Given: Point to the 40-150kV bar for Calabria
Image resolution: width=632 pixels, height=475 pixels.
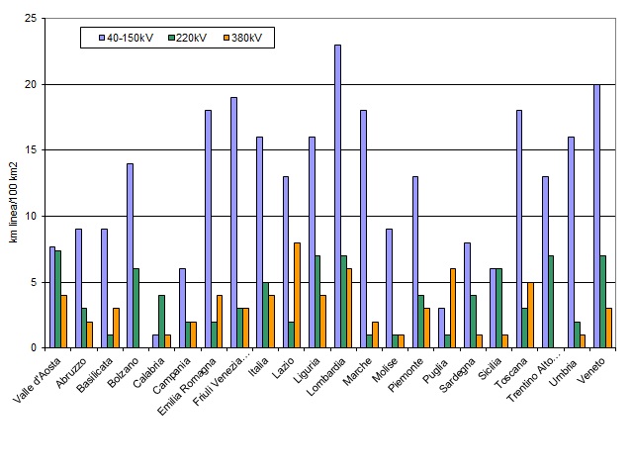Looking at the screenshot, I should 155,341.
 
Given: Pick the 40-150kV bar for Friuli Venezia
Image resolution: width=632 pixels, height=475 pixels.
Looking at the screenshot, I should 233,223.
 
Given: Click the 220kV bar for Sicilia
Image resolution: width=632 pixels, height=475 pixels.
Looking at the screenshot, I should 499,308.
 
